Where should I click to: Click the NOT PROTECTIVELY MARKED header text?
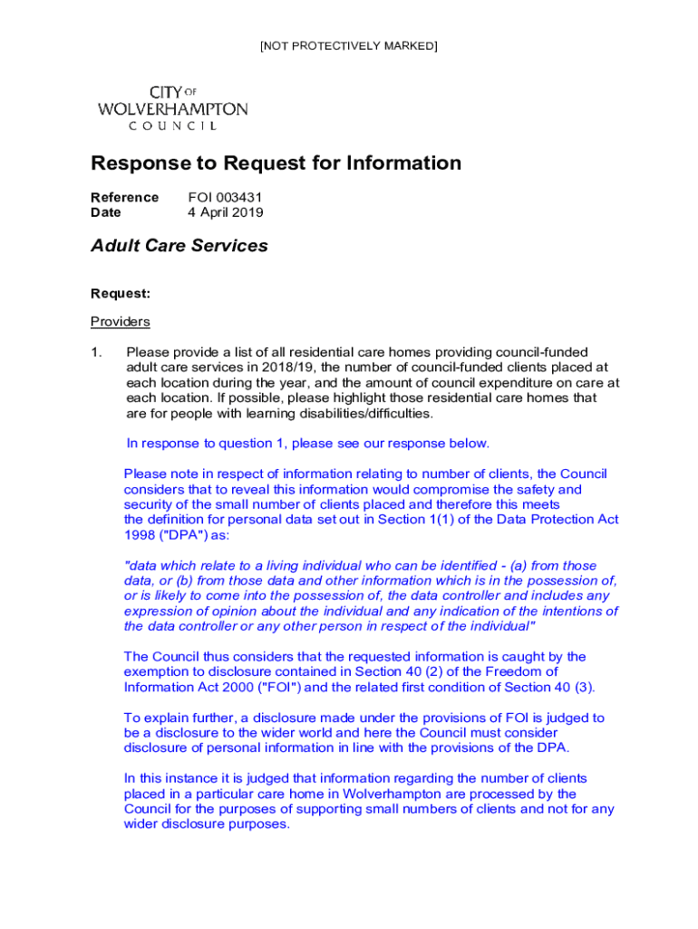[x=348, y=45]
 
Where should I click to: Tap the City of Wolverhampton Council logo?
[x=172, y=108]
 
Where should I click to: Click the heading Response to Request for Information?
[x=276, y=163]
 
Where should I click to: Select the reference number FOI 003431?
[x=225, y=197]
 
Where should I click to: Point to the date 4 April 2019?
[x=226, y=212]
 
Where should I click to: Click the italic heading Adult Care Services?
[x=179, y=246]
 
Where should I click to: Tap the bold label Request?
[x=121, y=293]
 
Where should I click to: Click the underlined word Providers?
[x=121, y=322]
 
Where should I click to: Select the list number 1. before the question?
[x=97, y=352]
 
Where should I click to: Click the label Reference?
[x=124, y=197]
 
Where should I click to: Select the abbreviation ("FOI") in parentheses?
[x=262, y=687]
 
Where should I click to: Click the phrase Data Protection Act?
[x=553, y=520]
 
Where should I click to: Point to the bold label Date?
[x=106, y=212]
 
